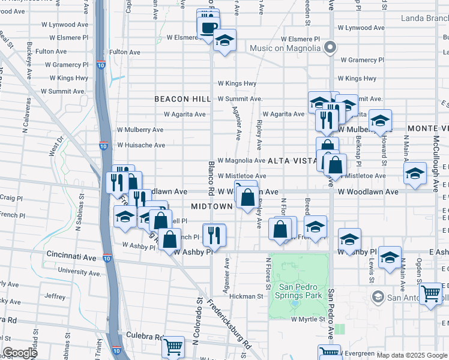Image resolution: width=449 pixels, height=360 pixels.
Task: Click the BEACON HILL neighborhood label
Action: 182,99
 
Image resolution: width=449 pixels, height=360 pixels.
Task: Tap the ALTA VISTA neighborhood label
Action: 291,161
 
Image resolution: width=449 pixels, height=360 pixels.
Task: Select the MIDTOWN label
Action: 211,206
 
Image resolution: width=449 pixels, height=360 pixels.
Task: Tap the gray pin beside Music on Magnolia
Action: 329,47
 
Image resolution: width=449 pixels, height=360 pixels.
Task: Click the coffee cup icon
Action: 208,27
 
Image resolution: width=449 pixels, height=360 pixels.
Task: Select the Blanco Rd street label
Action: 211,177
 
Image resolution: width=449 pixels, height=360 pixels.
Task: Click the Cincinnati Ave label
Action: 71,257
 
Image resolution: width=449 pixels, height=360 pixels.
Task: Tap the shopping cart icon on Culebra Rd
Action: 173,345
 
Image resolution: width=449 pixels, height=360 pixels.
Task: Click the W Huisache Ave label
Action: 140,145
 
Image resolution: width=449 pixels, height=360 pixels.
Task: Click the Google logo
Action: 20,352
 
